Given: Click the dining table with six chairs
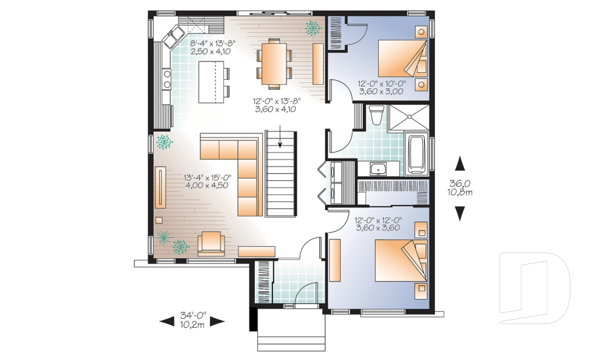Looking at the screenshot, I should click(274, 62).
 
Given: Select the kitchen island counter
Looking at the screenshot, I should click(213, 81).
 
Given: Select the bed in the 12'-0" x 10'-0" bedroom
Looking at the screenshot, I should click(402, 60).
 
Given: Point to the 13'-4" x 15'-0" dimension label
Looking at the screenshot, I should click(206, 181).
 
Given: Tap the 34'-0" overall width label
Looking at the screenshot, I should click(193, 319).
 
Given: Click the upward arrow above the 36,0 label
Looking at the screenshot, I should click(460, 164).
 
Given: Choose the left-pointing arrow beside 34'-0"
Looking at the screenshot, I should click(167, 321).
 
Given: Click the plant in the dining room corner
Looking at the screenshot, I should click(312, 27).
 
